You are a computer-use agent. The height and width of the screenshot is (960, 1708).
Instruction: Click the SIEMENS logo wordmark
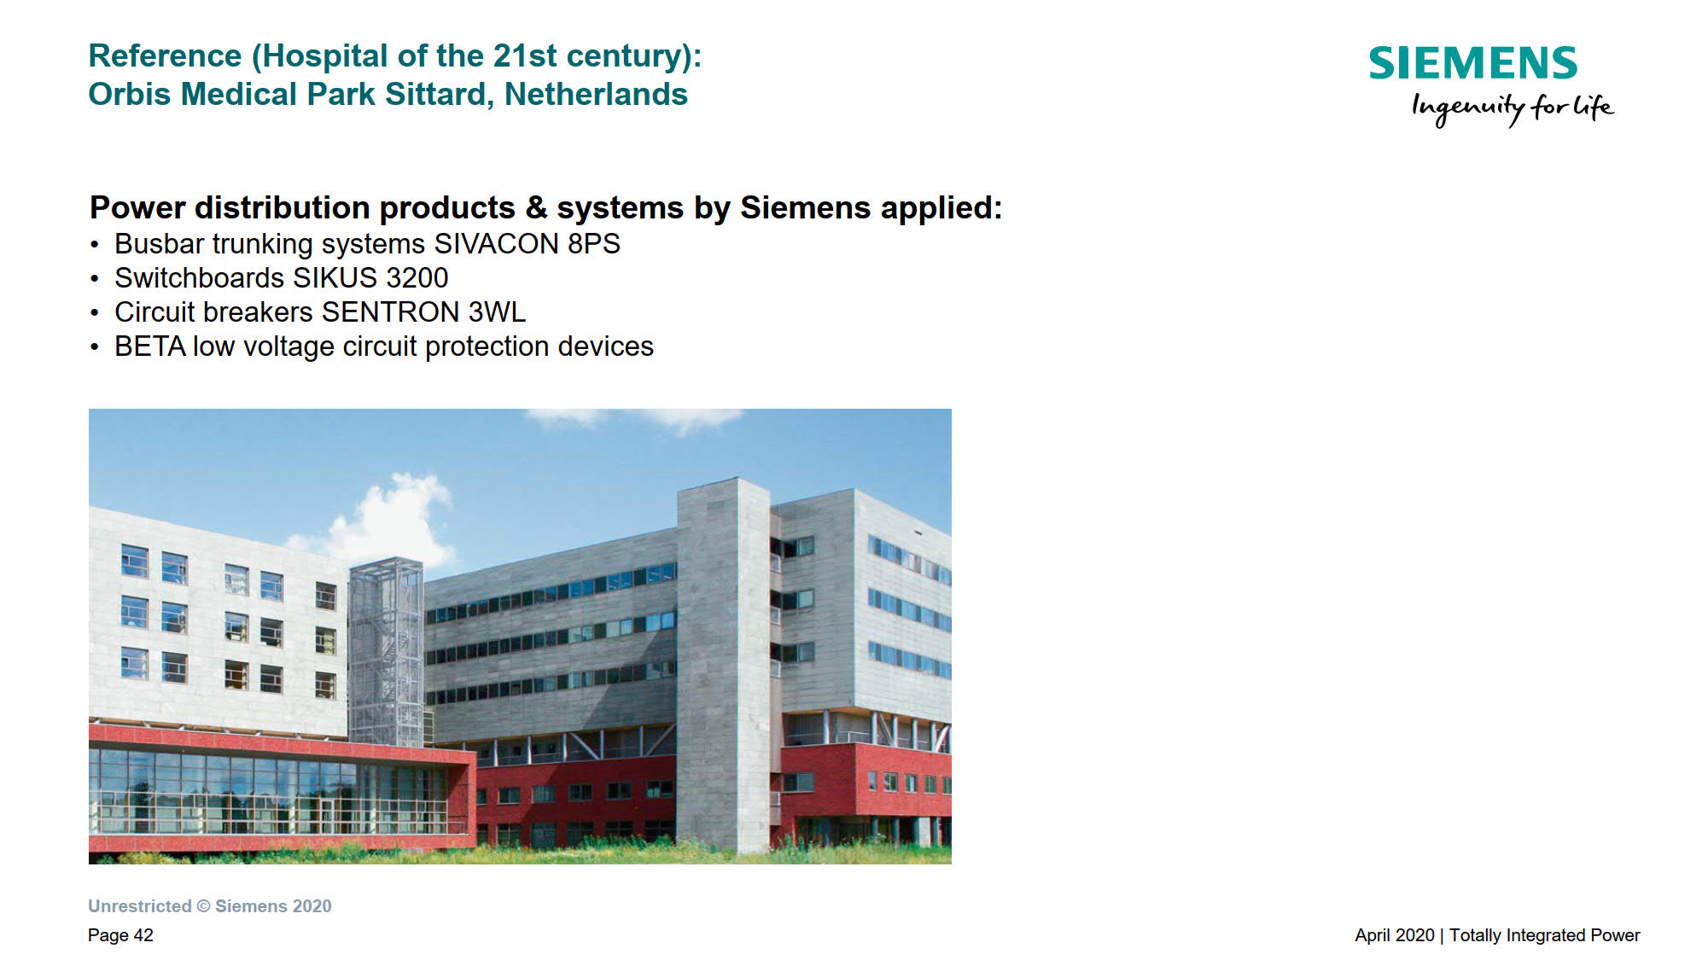(x=1473, y=63)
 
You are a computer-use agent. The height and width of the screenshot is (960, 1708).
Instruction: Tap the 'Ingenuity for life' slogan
(x=1513, y=108)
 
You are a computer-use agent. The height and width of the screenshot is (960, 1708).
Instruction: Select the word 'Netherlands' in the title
(x=596, y=94)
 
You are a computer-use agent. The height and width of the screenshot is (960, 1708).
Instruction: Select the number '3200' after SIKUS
(x=417, y=278)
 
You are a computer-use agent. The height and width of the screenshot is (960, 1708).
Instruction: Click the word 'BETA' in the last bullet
(x=150, y=346)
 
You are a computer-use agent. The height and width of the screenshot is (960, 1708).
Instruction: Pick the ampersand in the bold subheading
(x=536, y=208)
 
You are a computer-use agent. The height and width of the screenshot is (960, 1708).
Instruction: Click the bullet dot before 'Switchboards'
(x=95, y=279)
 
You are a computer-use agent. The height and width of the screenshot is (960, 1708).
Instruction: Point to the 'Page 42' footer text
(x=120, y=935)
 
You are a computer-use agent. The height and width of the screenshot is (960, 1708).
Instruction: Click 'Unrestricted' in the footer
(x=140, y=906)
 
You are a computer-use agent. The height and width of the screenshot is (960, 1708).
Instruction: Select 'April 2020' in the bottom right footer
(x=1395, y=935)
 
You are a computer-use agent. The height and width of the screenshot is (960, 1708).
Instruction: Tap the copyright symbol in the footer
(x=204, y=906)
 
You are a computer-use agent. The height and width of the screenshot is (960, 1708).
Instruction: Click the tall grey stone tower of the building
(x=724, y=666)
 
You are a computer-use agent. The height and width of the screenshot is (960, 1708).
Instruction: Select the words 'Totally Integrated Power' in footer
(x=1545, y=935)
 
